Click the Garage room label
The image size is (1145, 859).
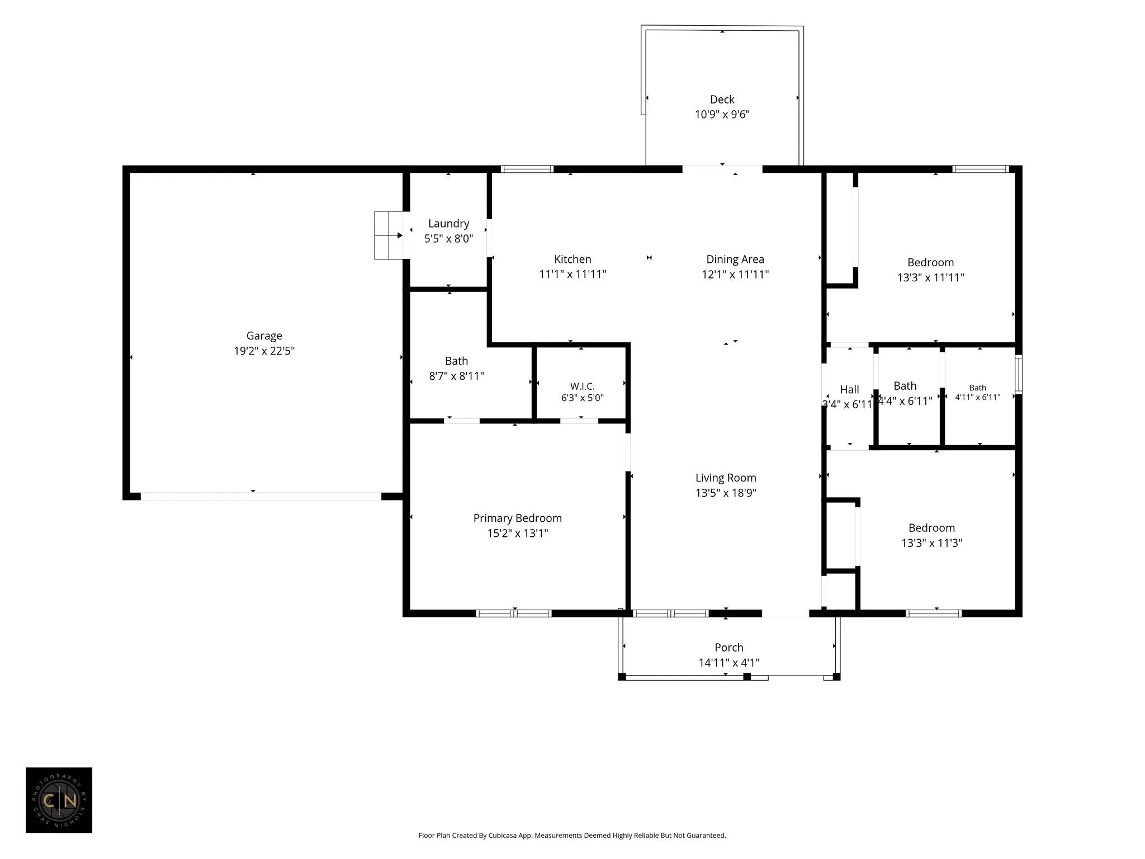click(264, 336)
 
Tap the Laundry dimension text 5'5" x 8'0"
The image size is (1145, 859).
click(448, 239)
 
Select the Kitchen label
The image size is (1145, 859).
click(572, 259)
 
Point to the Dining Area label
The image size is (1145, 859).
click(735, 259)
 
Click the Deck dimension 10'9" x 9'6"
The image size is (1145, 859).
click(722, 115)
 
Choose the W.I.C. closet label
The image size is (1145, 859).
click(582, 386)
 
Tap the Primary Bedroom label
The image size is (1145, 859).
click(517, 518)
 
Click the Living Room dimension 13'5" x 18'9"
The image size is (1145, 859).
click(726, 493)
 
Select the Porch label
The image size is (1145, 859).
click(728, 648)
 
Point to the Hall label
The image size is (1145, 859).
click(849, 390)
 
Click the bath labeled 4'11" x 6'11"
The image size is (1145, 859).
click(977, 393)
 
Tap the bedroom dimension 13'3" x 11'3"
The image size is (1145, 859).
click(931, 543)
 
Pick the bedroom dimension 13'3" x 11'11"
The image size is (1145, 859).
click(930, 277)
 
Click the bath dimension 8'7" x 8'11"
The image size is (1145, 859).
click(456, 376)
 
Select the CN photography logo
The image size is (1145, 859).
click(59, 800)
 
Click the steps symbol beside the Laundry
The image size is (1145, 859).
click(389, 235)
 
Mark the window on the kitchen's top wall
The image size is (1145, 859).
click(527, 169)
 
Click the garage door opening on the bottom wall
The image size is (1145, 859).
click(261, 496)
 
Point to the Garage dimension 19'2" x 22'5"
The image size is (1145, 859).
click(264, 351)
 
